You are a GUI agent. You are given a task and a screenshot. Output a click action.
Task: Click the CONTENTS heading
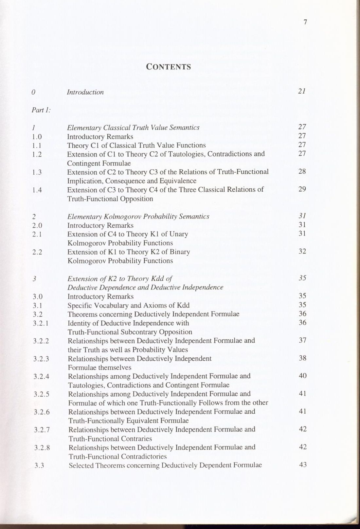[x=168, y=66]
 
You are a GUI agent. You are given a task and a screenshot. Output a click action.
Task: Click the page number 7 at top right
[x=305, y=22]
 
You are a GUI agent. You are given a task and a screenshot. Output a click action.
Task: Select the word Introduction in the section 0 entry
[x=85, y=92]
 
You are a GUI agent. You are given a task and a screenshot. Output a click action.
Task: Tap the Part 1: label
[x=41, y=110]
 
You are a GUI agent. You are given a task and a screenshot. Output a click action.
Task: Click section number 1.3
[x=37, y=172]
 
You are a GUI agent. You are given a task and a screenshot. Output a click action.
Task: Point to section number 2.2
[x=37, y=252]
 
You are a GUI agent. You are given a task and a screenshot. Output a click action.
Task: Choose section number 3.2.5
[x=41, y=394]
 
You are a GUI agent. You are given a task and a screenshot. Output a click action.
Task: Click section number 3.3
[x=39, y=465]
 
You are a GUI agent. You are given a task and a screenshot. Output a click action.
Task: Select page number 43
[x=303, y=464]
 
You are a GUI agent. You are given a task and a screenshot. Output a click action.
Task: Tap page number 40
[x=302, y=375]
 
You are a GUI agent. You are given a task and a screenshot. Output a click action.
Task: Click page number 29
[x=302, y=189]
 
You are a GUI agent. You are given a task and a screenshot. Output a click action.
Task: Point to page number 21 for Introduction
[x=302, y=91]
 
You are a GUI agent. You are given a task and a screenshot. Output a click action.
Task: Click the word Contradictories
[x=144, y=456]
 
